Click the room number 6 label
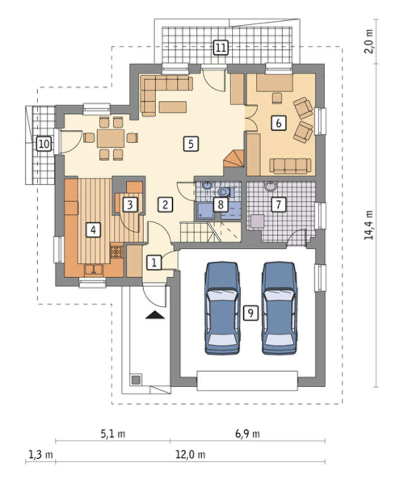coord(278,123)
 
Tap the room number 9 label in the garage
coord(250,313)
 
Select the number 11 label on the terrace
coord(221,47)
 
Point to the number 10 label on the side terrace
coord(44,144)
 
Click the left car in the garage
coord(223,308)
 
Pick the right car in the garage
coord(280,308)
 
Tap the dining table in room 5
coord(110,138)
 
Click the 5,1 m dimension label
coord(113,434)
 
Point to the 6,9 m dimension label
coord(248,434)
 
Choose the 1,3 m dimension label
coord(41,454)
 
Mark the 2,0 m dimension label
coord(369,41)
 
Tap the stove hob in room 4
coord(117,251)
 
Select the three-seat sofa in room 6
coord(290,166)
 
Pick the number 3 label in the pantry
coord(130,204)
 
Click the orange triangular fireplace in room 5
coord(234,159)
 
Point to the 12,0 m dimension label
coord(191,454)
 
